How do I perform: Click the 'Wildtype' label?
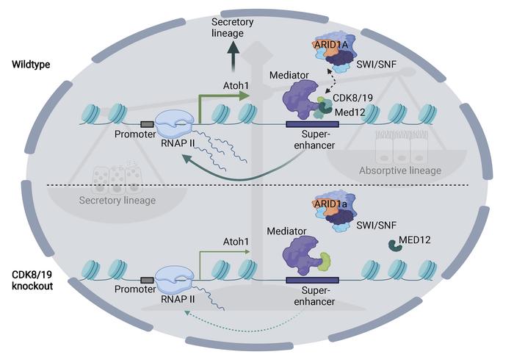coord(30,65)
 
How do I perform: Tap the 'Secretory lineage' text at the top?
coord(232,26)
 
